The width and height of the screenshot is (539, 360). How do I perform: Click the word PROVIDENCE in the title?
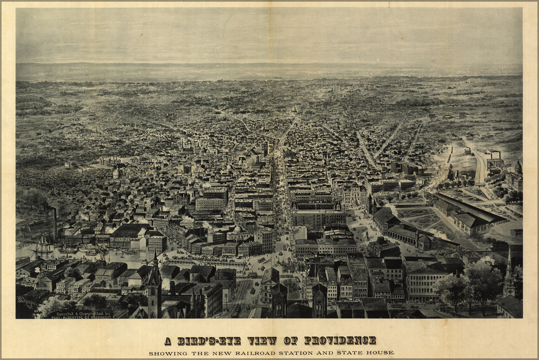coord(340,340)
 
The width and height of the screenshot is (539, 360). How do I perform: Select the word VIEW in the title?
coord(262,340)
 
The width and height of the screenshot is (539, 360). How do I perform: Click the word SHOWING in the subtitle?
coord(165,353)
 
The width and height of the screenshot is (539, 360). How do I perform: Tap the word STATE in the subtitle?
coord(350,353)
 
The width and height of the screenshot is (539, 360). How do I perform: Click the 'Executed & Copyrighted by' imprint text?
coord(80,313)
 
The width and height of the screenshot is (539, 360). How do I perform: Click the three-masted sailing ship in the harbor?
coord(43,248)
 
